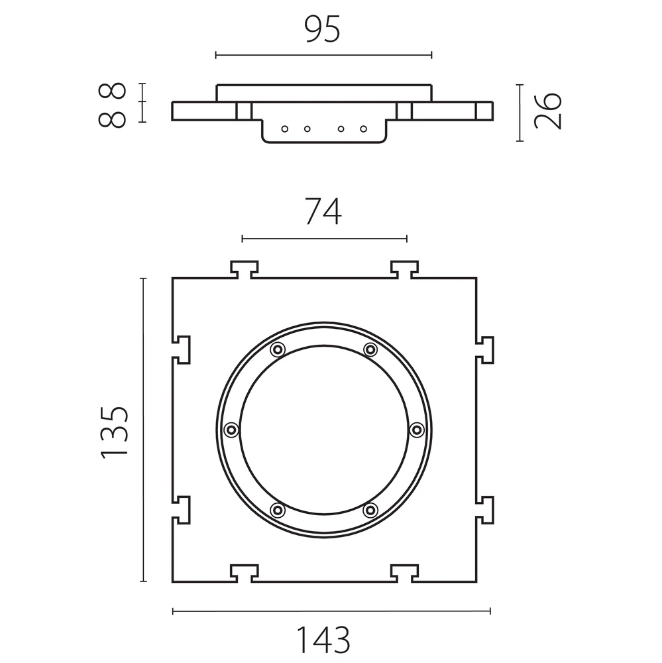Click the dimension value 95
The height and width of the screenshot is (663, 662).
click(322, 29)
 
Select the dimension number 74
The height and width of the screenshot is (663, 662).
click(323, 211)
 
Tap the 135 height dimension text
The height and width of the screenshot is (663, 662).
click(114, 432)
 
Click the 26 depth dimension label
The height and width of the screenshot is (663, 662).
click(548, 111)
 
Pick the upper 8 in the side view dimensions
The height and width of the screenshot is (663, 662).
click(112, 91)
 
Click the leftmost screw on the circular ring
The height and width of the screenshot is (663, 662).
click(231, 430)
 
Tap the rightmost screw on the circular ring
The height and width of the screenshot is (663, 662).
click(417, 430)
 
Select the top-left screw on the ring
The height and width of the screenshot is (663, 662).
click(277, 349)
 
